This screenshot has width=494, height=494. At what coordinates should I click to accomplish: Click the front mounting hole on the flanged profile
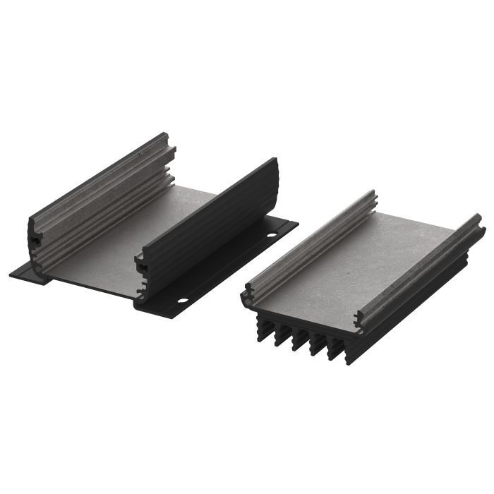click(x=182, y=301)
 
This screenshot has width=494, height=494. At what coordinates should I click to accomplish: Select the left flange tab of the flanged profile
click(x=28, y=272)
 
